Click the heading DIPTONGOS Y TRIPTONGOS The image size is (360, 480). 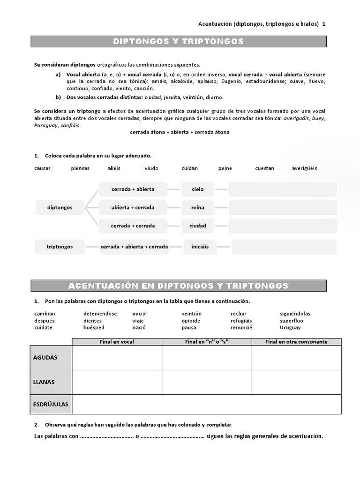click(179, 41)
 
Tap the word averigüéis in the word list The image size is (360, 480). click(304, 168)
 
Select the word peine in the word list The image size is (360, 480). click(225, 168)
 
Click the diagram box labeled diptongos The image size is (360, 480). click(60, 207)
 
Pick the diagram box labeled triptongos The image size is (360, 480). click(60, 247)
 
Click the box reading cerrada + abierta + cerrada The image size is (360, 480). click(134, 247)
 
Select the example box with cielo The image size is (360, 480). click(198, 189)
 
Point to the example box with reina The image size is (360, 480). click(198, 207)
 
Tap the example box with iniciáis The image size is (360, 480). click(200, 247)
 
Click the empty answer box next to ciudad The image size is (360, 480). click(283, 225)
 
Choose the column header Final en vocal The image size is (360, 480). click(117, 342)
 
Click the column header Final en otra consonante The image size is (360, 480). click(296, 342)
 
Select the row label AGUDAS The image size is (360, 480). click(45, 358)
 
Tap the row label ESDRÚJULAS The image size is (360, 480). click(51, 404)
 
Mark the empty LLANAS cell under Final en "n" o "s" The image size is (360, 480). click(207, 382)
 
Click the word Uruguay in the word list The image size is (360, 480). click(290, 328)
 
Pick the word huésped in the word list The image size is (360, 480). click(94, 328)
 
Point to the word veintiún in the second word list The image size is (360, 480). click(192, 314)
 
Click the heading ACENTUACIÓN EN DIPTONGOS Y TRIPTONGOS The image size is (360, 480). click(179, 285)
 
